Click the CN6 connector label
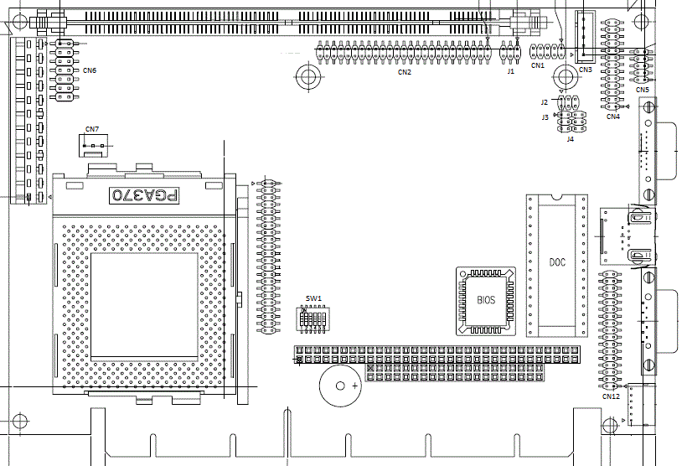coord(89,70)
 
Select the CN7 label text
coord(92,129)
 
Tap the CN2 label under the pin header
coord(405,72)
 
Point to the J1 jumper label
coord(511,71)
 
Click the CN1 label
coord(538,65)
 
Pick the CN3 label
coord(585,70)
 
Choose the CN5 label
coord(642,89)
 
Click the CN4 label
coord(613,116)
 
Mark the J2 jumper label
coord(545,102)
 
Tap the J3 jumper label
coord(545,117)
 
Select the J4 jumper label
coord(571,138)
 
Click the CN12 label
coord(611,396)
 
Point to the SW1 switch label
coord(313,298)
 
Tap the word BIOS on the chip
coord(486,299)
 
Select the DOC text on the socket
coord(557,262)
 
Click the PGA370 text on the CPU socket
coord(145,195)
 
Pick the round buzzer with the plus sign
coord(340,386)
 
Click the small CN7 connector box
coord(93,146)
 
